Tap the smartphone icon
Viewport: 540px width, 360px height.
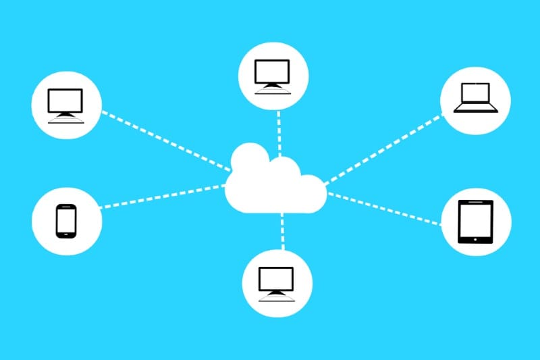click(65, 221)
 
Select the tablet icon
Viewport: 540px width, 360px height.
click(476, 222)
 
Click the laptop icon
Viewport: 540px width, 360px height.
click(475, 98)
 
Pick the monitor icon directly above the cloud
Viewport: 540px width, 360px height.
click(273, 74)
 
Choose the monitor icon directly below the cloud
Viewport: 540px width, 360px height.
click(277, 282)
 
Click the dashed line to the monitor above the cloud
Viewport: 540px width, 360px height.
click(278, 128)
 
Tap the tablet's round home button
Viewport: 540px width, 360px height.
click(476, 238)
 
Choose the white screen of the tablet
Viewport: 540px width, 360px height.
click(476, 219)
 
